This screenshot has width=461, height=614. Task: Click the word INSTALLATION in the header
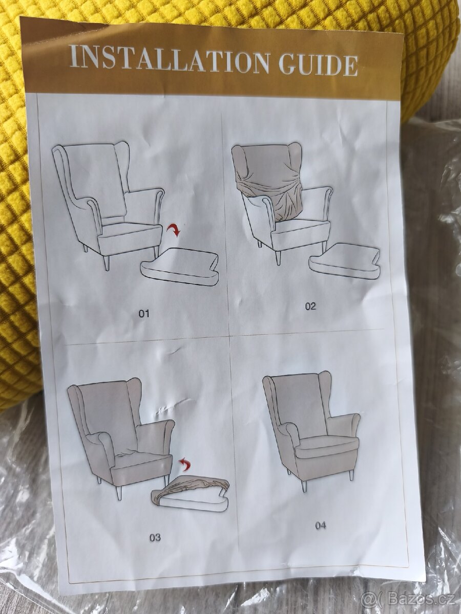click(169, 58)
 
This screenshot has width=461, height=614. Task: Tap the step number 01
click(144, 314)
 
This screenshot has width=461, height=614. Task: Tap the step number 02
click(310, 306)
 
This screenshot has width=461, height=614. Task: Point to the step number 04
click(321, 525)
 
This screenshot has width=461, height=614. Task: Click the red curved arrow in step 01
click(174, 230)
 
